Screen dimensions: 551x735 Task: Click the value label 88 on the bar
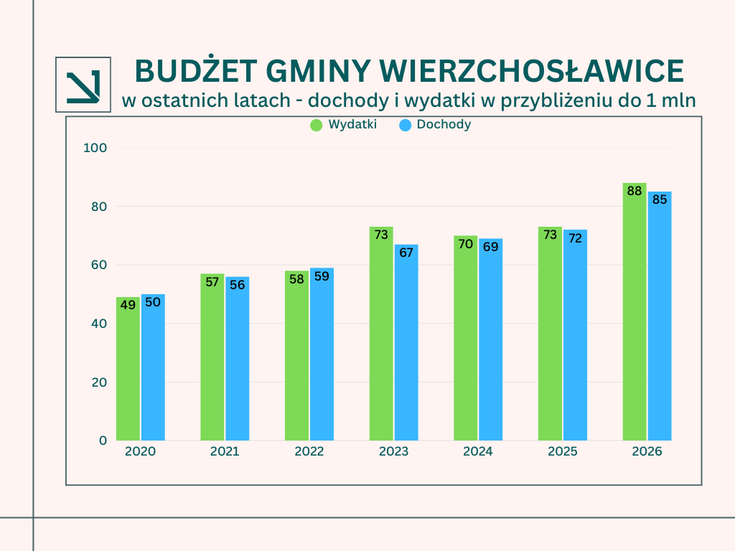click(x=635, y=192)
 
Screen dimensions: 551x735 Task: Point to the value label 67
click(x=406, y=253)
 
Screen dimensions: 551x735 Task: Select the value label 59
click(x=322, y=275)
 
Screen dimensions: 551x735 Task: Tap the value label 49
click(x=128, y=305)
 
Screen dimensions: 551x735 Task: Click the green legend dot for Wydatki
click(x=317, y=125)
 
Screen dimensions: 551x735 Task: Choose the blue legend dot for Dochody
click(x=405, y=125)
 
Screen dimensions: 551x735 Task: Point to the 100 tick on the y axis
click(x=95, y=148)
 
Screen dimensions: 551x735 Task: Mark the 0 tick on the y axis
click(x=103, y=441)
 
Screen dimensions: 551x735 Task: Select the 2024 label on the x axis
click(x=478, y=452)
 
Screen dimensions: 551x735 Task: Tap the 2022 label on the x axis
click(x=309, y=452)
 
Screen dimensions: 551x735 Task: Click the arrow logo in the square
click(x=83, y=85)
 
